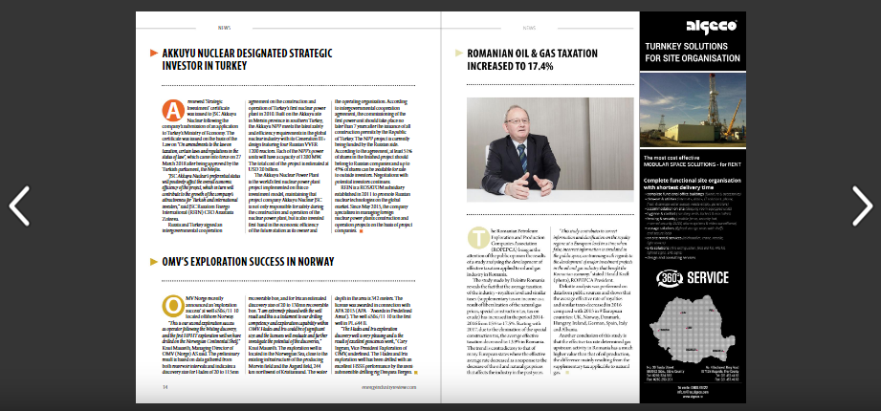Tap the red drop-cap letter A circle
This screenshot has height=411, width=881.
(172, 111)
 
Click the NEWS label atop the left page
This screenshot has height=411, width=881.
(223, 28)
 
